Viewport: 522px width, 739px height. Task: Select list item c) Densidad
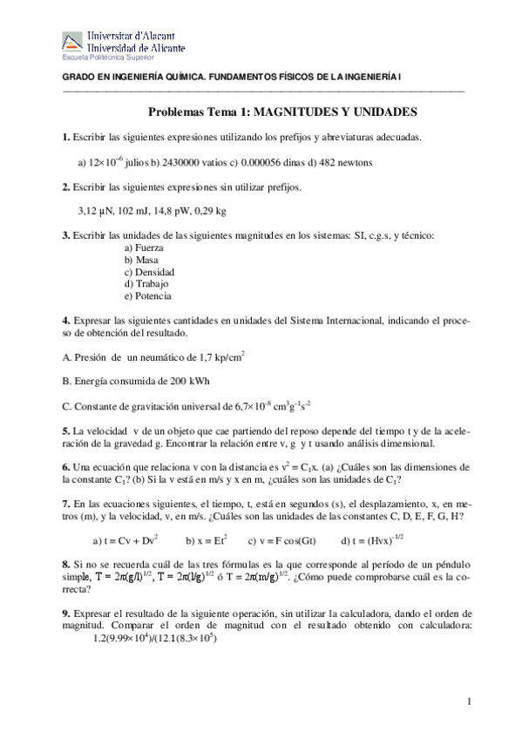click(149, 272)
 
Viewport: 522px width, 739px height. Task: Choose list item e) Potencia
click(148, 296)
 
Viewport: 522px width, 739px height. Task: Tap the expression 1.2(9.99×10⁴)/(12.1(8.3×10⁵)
click(153, 638)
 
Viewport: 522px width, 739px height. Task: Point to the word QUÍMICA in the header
click(182, 78)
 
